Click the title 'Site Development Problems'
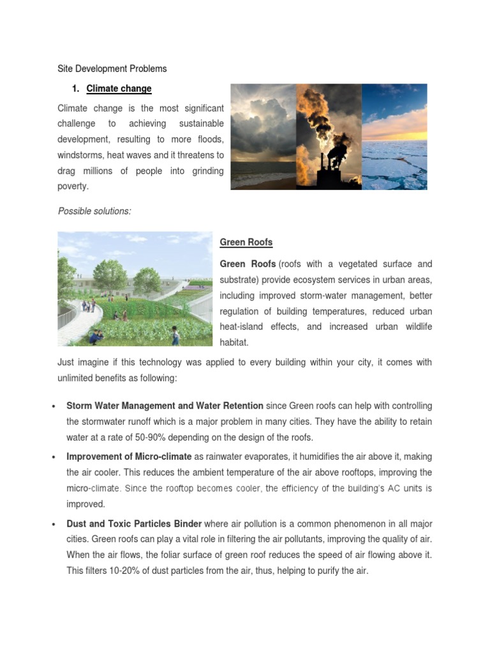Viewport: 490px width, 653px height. [112, 68]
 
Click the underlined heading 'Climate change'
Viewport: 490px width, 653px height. [119, 89]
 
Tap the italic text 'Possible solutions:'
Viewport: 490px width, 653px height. [94, 211]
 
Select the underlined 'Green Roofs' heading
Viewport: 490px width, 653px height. [246, 242]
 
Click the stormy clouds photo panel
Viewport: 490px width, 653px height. [263, 136]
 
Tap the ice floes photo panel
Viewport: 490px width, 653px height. [394, 136]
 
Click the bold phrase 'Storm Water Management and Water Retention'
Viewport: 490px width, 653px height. [165, 406]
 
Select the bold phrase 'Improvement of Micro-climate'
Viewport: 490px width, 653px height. [129, 457]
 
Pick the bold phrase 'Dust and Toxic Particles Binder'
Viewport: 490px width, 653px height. [134, 524]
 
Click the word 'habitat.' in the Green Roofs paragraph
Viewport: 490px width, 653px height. [234, 342]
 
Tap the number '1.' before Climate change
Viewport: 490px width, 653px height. [75, 89]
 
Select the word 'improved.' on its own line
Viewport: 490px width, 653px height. [85, 504]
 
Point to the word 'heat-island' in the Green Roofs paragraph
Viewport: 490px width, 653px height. [241, 326]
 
